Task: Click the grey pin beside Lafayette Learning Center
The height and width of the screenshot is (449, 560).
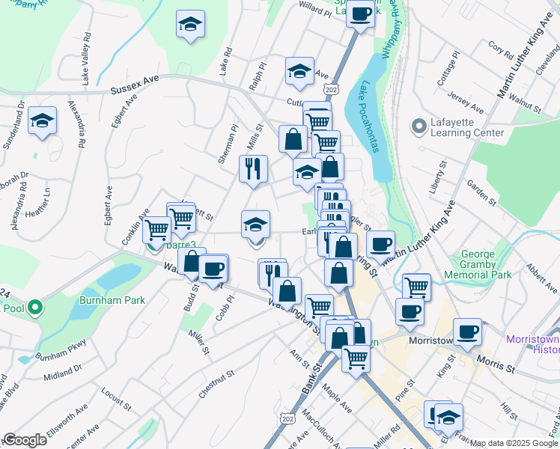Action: click(417, 126)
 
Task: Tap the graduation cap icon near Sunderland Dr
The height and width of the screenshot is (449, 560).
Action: click(42, 121)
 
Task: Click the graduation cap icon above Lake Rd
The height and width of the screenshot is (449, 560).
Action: click(191, 25)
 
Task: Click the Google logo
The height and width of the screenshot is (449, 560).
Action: click(25, 440)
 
